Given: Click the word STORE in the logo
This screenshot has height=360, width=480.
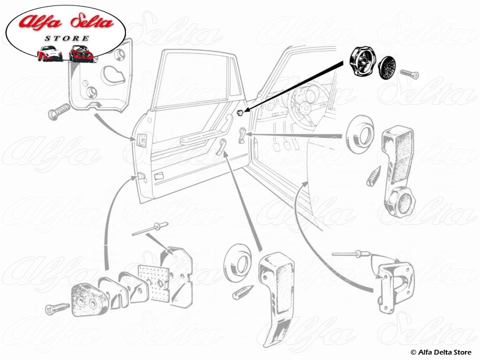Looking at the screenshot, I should (x=67, y=38).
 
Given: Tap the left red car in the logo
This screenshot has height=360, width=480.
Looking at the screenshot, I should (x=49, y=53).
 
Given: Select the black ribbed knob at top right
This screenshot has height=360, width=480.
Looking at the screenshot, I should (x=362, y=62).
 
